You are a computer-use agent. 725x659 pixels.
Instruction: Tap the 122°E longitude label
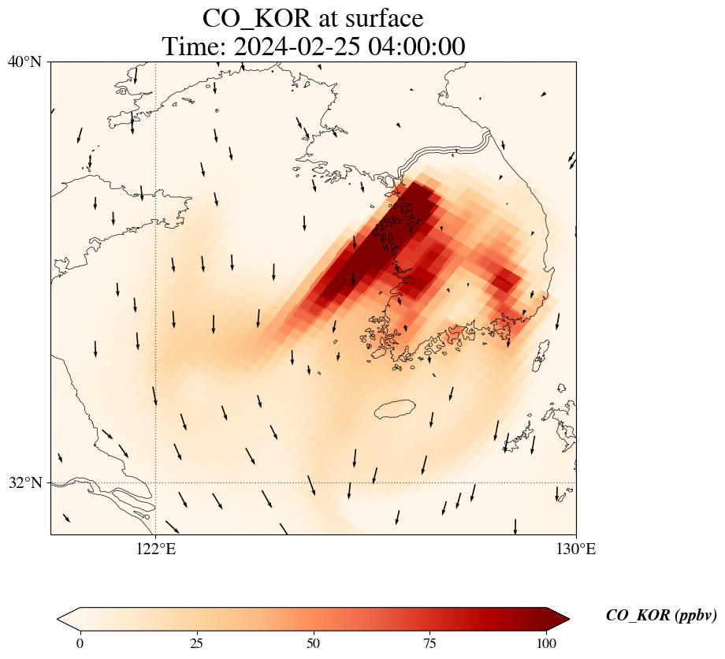point(156,549)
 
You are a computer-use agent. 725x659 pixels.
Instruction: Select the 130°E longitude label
point(576,549)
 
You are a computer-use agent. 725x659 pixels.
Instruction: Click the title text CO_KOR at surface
point(313,17)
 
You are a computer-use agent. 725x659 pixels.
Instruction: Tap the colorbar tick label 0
point(80,643)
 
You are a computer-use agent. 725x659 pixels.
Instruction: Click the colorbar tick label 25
point(197,643)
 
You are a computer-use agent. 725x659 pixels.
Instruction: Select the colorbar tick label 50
point(314,643)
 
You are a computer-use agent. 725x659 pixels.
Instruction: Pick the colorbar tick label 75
point(430,643)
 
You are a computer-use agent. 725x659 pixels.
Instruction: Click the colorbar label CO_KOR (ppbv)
point(660,616)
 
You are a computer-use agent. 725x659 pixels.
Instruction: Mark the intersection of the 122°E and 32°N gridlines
point(156,482)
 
